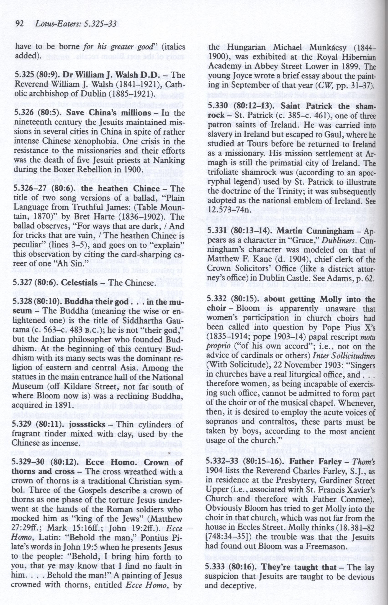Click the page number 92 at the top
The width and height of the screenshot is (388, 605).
[19, 24]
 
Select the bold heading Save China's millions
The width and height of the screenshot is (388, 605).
[108, 113]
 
